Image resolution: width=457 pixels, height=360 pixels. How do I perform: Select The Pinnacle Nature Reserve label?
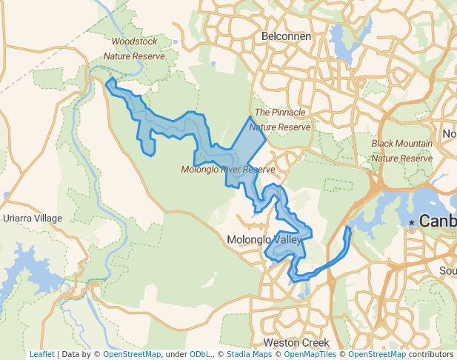282,119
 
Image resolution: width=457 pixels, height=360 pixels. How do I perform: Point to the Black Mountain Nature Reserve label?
402,150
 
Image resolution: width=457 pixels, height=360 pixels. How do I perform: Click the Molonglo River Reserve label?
228,170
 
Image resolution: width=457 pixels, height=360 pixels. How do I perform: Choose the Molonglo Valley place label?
264,240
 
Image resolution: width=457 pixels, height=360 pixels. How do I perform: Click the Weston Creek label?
296,343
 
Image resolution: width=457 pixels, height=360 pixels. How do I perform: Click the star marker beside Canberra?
412,222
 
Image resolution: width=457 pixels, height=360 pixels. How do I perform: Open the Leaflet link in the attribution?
41,354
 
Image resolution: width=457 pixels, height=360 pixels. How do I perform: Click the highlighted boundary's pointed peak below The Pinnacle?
250,117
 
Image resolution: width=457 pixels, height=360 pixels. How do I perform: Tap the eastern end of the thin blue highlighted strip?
350,229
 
